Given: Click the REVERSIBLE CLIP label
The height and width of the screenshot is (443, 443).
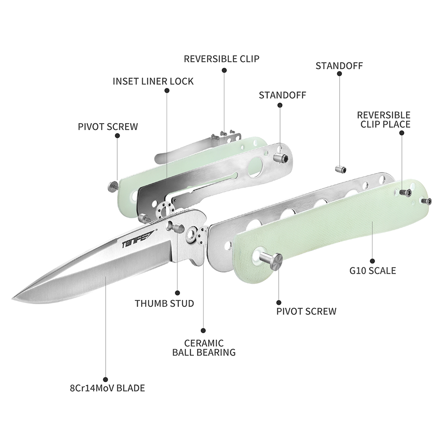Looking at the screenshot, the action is pos(221,59).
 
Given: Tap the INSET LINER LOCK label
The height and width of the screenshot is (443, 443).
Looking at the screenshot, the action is pos(153,81).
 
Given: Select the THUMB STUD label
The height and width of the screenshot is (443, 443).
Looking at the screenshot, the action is pos(164,304).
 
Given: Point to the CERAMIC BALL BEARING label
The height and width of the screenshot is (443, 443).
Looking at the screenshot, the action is pos(204,348).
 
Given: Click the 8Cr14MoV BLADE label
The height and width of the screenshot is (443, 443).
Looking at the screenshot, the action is pos(108,388).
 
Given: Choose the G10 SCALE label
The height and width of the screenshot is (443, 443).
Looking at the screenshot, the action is pos(373,271).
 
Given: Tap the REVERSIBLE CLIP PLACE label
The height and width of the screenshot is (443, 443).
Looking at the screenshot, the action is pos(383,120).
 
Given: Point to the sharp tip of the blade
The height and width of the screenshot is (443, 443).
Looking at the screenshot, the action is pos(12,299).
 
